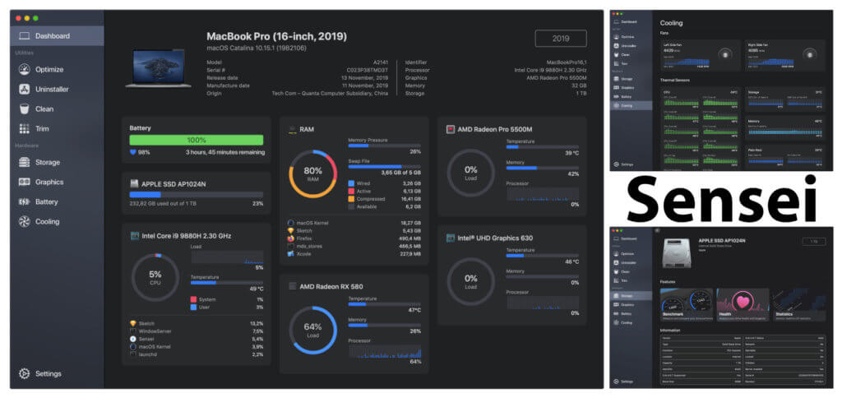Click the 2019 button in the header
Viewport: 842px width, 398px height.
pyautogui.click(x=560, y=39)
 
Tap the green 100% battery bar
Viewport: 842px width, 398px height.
pyautogui.click(x=196, y=141)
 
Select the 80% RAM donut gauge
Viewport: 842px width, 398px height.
pyautogui.click(x=312, y=175)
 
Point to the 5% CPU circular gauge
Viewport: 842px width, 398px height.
pyautogui.click(x=155, y=278)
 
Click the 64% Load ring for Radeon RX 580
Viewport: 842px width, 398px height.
pyautogui.click(x=312, y=330)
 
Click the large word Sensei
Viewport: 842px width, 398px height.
pyautogui.click(x=724, y=199)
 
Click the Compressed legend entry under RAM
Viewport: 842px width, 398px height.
pyautogui.click(x=370, y=198)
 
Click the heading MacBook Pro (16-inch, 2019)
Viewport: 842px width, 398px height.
pyautogui.click(x=276, y=36)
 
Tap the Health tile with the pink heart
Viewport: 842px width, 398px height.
pyautogui.click(x=742, y=303)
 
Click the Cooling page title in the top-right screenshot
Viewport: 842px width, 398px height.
pyautogui.click(x=672, y=23)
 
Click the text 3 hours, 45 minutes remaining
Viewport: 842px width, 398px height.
pyautogui.click(x=225, y=152)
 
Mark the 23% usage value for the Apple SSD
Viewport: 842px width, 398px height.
pyautogui.click(x=257, y=203)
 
